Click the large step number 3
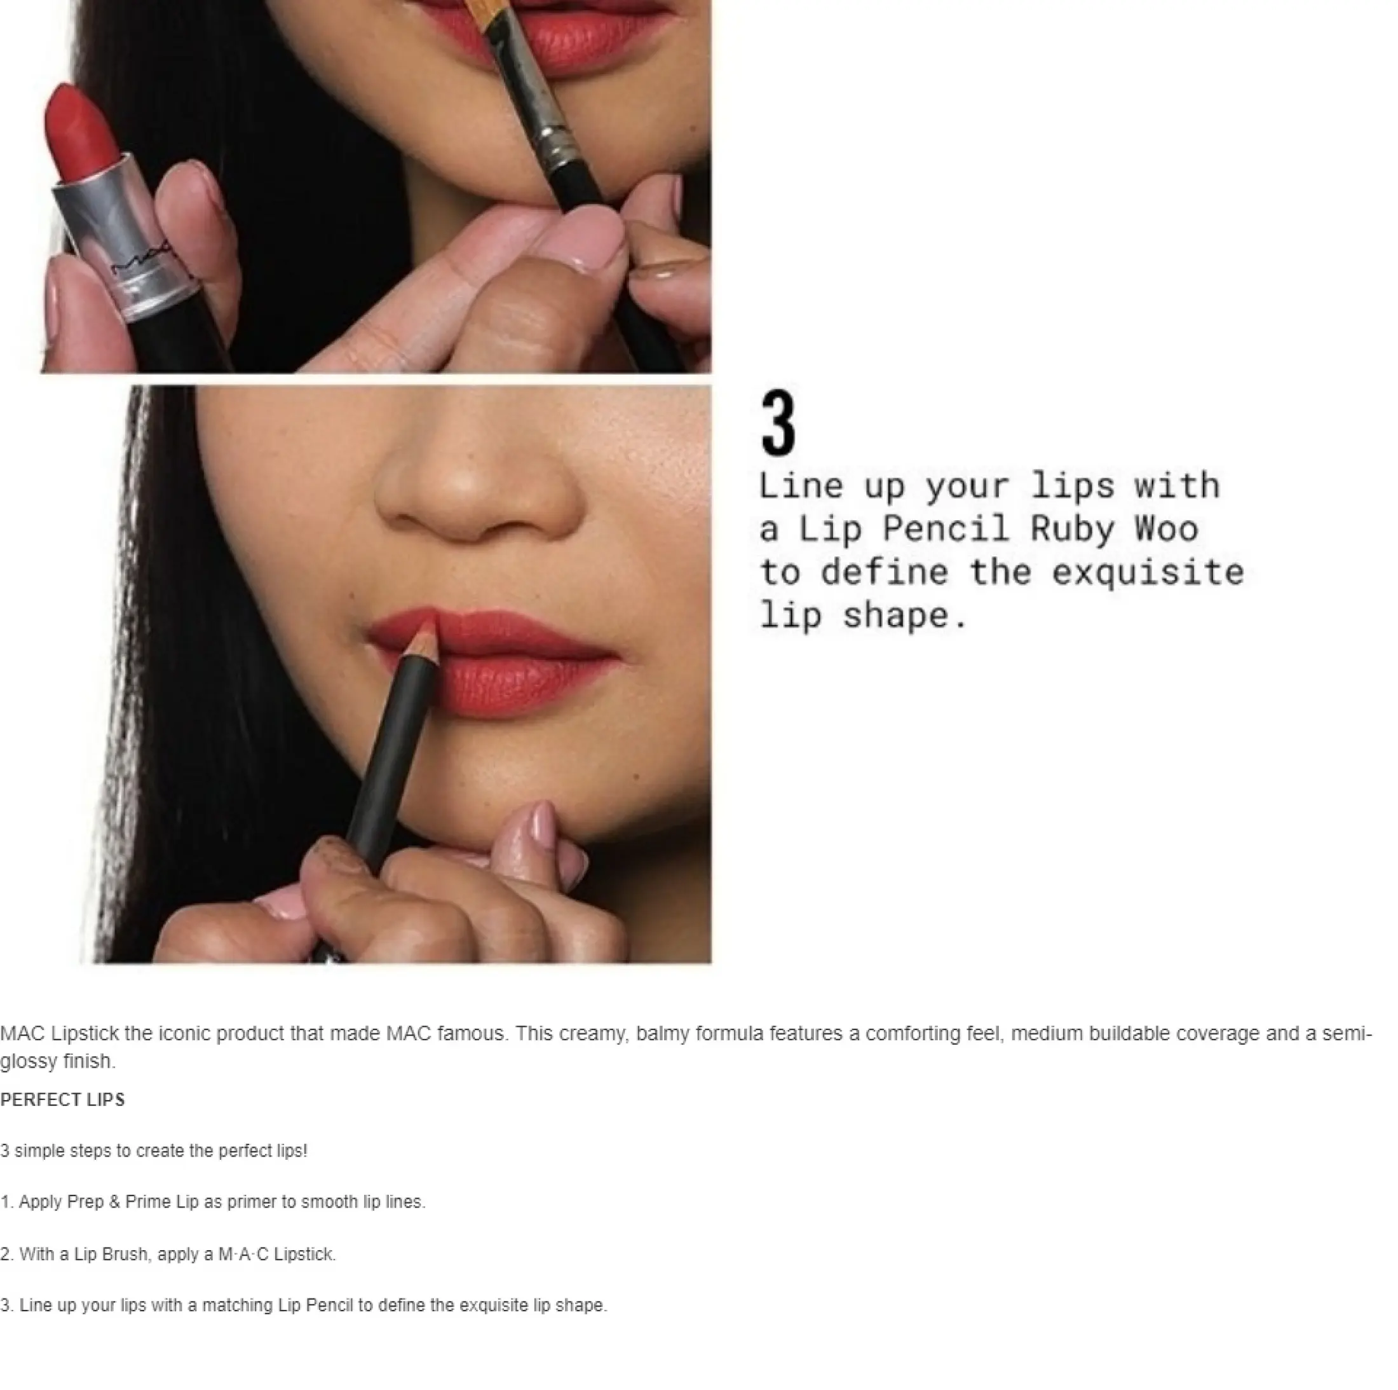[778, 423]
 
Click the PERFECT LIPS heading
[62, 1099]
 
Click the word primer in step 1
[252, 1202]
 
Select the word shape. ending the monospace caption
[904, 616]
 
